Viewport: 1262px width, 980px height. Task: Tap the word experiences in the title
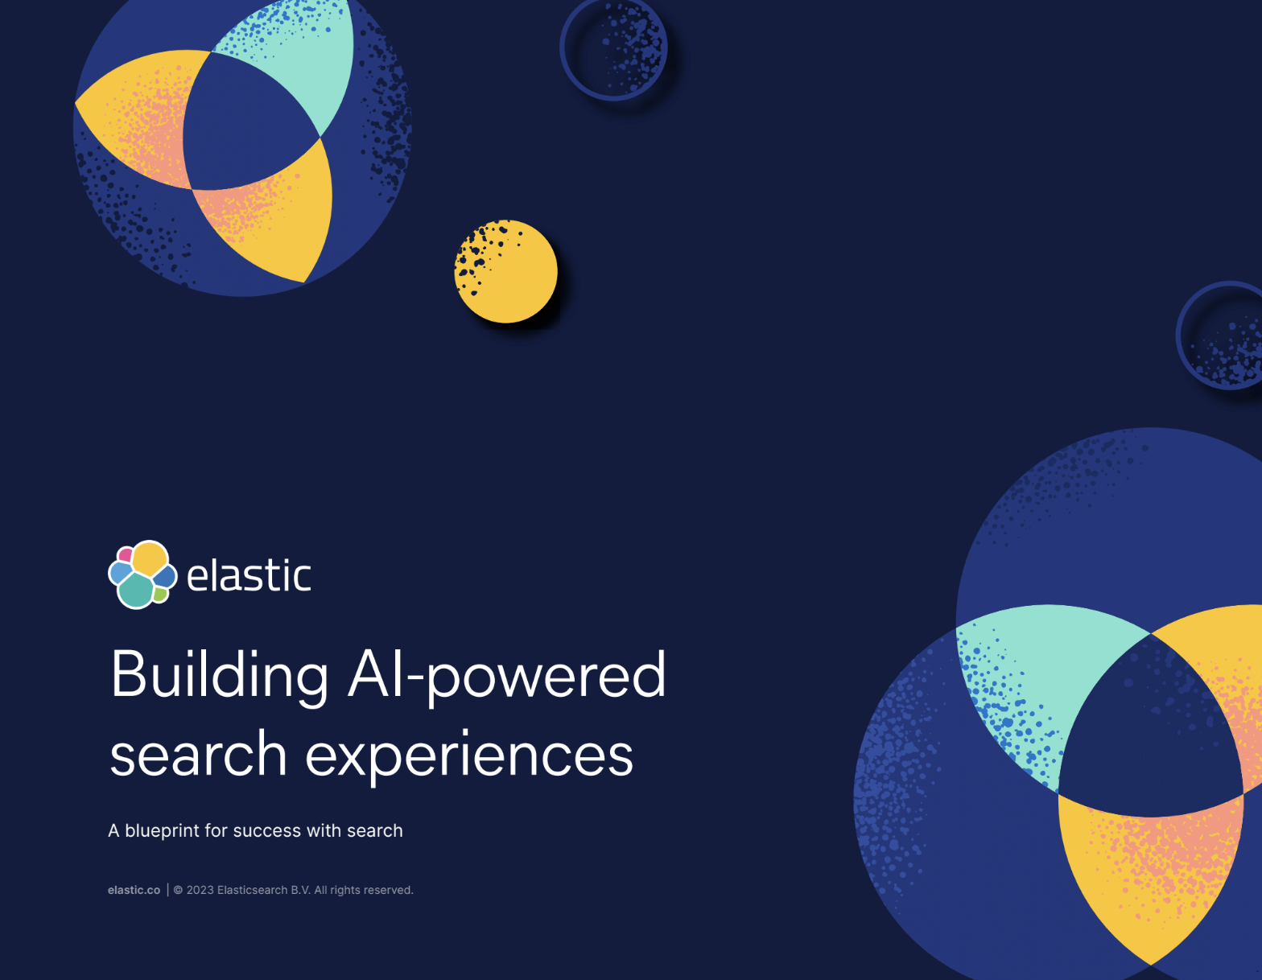[469, 756]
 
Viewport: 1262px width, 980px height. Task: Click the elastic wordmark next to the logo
[249, 575]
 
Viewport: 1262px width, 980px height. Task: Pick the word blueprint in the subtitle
[162, 831]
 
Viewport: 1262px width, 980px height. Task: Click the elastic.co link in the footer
[134, 890]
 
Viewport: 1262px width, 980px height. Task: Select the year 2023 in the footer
[200, 890]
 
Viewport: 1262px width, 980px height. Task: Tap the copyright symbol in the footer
[178, 890]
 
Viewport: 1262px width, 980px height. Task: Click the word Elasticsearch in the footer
[252, 890]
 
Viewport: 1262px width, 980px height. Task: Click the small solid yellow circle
[505, 271]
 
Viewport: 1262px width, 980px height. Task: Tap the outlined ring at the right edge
[1180, 336]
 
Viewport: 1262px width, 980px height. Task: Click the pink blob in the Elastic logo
[125, 554]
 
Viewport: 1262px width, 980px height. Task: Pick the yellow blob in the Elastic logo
[149, 558]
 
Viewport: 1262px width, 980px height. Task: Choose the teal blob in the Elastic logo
[136, 590]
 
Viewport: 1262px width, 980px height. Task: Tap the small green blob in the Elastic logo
[160, 594]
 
